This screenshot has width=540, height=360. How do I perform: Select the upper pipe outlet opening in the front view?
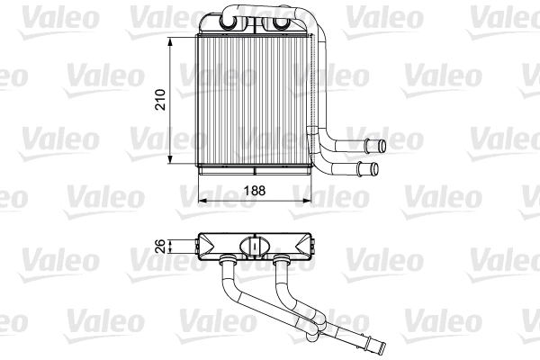click(381, 145)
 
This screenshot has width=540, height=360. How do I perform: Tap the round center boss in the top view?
click(255, 246)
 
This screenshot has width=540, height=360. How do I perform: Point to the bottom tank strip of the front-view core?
click(252, 167)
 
